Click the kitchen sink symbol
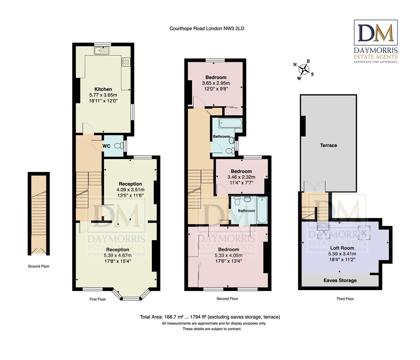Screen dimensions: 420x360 [102, 50]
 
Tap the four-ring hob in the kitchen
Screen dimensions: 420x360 [126, 62]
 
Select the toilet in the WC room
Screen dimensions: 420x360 [119, 146]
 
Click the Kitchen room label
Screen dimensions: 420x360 [103, 89]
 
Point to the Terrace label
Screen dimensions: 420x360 [328, 145]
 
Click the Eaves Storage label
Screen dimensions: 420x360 [340, 280]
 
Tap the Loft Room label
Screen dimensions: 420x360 [342, 248]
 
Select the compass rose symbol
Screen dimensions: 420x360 [303, 70]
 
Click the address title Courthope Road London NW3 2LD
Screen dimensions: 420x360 [207, 28]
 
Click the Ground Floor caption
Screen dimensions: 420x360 [39, 266]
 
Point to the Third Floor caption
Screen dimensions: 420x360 [345, 299]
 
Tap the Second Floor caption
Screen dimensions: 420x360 [227, 299]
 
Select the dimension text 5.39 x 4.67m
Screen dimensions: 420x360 [118, 255]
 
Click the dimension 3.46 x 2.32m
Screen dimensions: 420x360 [241, 177]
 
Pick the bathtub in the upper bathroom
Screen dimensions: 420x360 [230, 123]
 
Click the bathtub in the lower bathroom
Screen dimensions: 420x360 [262, 210]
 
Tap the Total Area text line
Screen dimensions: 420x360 [210, 317]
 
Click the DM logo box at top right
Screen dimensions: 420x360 [375, 32]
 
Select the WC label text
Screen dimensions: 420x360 [107, 146]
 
